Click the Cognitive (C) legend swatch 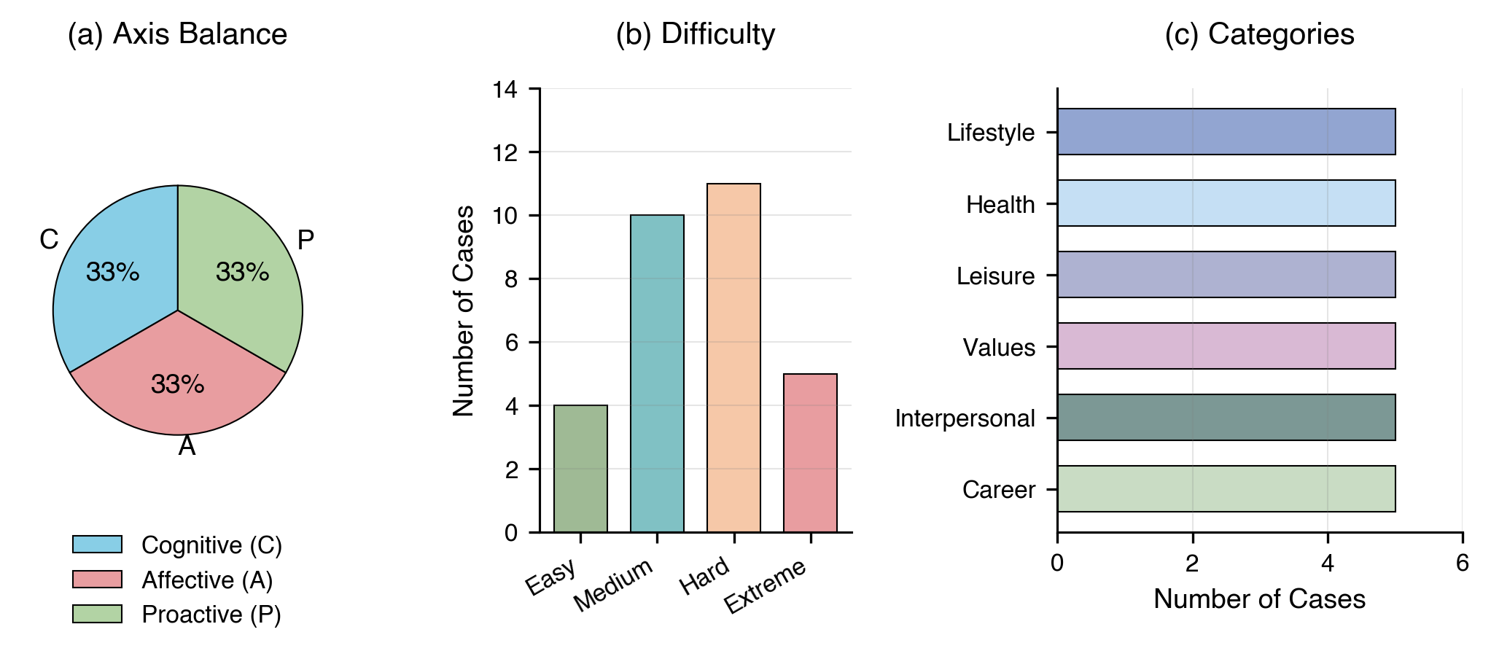(97, 545)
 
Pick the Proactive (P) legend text (211, 615)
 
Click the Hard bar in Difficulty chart (733, 357)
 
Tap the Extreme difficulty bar (810, 452)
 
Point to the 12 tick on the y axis (505, 152)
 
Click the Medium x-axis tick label (614, 585)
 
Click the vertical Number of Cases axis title (464, 311)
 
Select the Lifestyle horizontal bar (1226, 132)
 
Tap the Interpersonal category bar (1226, 418)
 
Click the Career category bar (1226, 489)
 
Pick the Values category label (998, 348)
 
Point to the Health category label (1000, 205)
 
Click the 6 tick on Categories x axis (1462, 564)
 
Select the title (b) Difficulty (695, 34)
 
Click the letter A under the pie (187, 446)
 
